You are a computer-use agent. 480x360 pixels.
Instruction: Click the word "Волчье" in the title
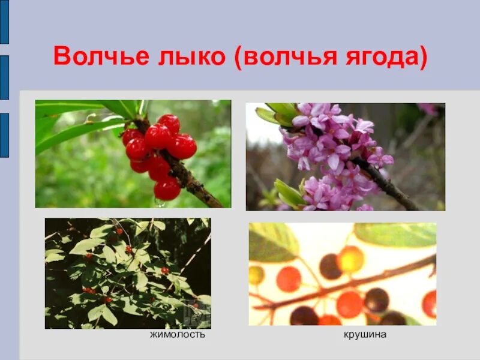click(x=92, y=58)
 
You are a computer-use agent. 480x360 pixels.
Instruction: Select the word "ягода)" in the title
click(x=384, y=58)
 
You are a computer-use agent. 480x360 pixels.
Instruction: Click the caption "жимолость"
click(x=178, y=334)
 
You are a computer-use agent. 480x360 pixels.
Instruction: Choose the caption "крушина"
click(x=365, y=334)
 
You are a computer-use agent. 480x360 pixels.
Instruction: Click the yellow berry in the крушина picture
click(x=350, y=259)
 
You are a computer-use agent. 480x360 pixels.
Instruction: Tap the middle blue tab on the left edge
click(x=4, y=77)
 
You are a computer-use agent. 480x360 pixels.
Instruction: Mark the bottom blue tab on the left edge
click(x=4, y=135)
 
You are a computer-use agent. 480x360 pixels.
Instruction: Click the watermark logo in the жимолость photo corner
click(x=199, y=313)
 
